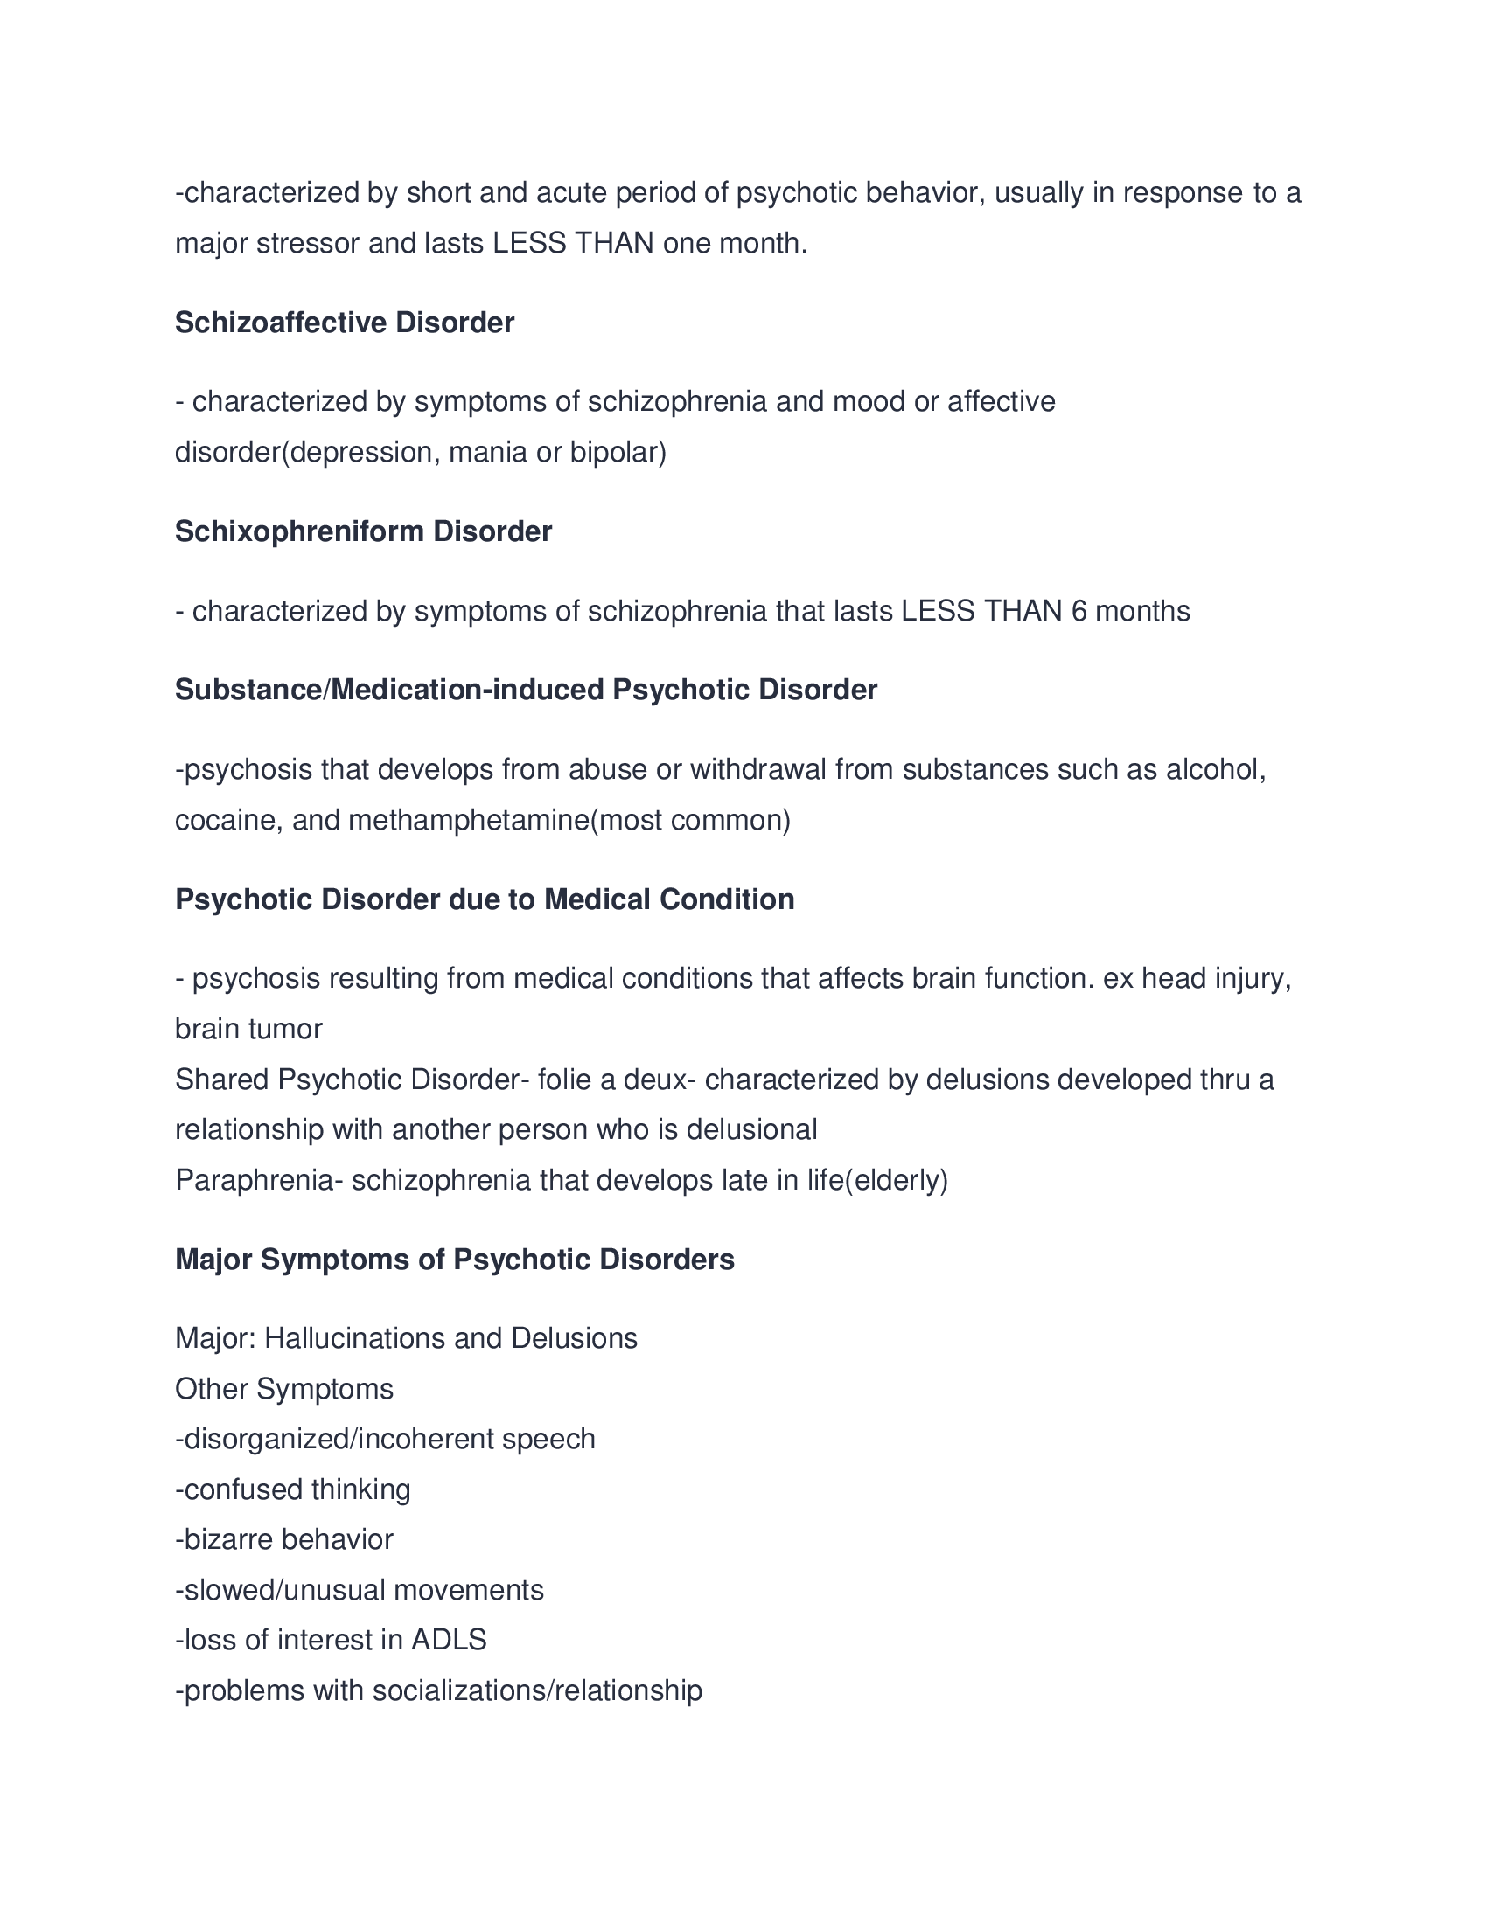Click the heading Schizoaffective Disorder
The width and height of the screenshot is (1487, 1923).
[x=345, y=323]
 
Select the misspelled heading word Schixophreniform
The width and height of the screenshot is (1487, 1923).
[x=299, y=531]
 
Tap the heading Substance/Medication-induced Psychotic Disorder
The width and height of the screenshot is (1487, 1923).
[x=526, y=690]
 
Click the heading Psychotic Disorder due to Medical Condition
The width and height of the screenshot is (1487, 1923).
[x=485, y=899]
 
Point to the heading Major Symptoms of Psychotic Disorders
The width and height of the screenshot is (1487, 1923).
[x=455, y=1259]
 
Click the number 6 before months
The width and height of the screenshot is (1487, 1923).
[x=1079, y=611]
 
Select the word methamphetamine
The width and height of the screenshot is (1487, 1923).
[x=469, y=821]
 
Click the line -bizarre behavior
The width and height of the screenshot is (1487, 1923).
[x=283, y=1539]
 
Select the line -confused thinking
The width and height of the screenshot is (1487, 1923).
[x=292, y=1489]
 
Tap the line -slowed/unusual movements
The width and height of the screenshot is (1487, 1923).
[x=360, y=1590]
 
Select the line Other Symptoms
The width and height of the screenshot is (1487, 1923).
[x=283, y=1389]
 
